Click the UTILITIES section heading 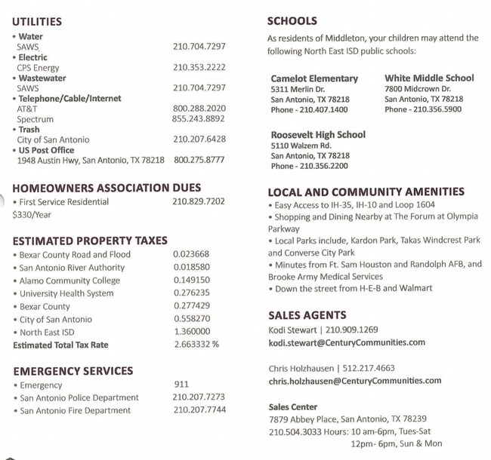[x=37, y=22]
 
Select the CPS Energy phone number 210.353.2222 [x=199, y=67]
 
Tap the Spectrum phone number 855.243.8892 [x=198, y=119]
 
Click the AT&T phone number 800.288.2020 [x=199, y=109]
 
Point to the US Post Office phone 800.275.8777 [x=199, y=160]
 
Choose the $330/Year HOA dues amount [x=31, y=215]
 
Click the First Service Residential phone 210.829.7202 [x=199, y=202]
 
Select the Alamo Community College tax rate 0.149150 [x=191, y=280]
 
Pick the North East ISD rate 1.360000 [x=191, y=332]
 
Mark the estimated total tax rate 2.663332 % [x=196, y=345]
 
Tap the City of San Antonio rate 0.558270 [x=191, y=319]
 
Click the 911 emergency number [x=182, y=385]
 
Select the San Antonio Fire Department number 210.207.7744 [x=199, y=410]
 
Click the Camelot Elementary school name [x=314, y=78]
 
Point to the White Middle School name [x=429, y=78]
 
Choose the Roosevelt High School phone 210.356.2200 [x=309, y=166]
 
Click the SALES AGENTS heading [x=307, y=315]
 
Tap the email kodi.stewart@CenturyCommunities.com [x=347, y=342]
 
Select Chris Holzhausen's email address [x=354, y=382]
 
